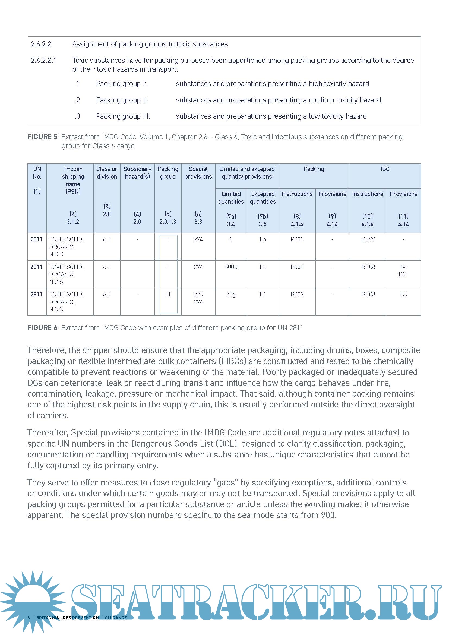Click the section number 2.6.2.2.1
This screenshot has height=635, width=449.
click(43, 60)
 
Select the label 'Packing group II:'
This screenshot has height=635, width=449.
click(122, 100)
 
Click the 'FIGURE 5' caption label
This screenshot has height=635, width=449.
click(42, 137)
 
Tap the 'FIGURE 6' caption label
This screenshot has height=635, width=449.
click(42, 328)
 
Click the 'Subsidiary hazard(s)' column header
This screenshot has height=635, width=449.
click(137, 173)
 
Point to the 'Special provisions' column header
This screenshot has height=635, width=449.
click(198, 173)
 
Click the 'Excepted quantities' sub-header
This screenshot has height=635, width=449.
click(263, 198)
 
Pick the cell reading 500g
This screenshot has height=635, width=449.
click(231, 267)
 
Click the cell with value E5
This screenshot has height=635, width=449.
click(263, 239)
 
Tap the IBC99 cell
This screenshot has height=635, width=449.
click(368, 239)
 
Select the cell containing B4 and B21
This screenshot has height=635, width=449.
click(403, 270)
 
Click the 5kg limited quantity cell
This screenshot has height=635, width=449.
click(231, 294)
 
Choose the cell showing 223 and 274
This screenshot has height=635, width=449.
click(198, 298)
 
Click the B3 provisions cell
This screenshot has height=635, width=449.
click(403, 294)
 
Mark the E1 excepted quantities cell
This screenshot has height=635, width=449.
click(263, 294)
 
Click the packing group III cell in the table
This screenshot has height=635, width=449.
click(168, 294)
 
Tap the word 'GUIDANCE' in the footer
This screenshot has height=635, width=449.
click(116, 618)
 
